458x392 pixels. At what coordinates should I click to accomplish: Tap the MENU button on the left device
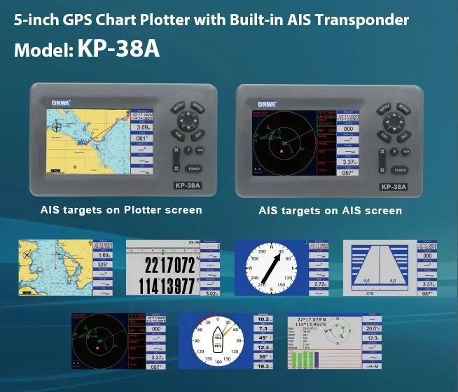coord(178,108)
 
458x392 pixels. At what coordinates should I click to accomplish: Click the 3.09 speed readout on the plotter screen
coord(144,127)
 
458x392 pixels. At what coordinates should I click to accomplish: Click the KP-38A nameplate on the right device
coord(394,187)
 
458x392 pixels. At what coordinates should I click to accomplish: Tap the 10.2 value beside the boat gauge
coord(263,319)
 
